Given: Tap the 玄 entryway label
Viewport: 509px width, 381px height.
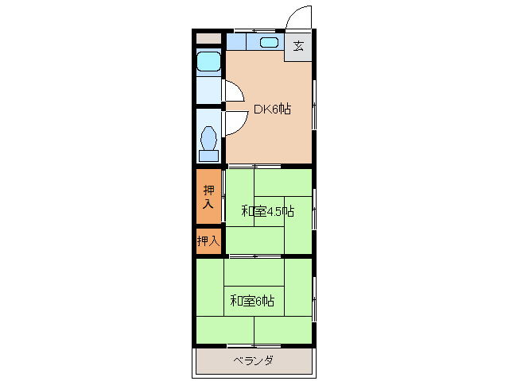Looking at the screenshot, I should click(x=298, y=45).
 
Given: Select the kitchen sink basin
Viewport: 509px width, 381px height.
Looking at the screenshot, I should click(x=269, y=42).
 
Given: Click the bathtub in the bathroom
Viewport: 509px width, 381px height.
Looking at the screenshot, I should click(x=209, y=62).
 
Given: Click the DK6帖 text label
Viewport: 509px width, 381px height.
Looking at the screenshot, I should click(x=271, y=110).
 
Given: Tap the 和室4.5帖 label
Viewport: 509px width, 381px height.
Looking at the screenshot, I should click(x=267, y=211).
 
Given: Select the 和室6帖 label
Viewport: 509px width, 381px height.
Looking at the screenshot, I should click(x=252, y=301).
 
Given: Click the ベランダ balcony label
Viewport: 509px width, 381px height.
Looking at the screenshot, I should click(x=254, y=362).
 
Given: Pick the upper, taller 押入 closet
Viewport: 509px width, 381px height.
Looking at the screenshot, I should click(x=208, y=197).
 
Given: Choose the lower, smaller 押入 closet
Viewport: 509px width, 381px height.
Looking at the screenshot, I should click(x=208, y=240).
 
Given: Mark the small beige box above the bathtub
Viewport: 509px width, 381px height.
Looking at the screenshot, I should click(x=208, y=38).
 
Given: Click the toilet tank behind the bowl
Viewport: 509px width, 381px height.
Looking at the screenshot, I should click(x=209, y=156).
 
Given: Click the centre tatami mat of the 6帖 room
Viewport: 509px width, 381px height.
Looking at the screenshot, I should click(x=254, y=301).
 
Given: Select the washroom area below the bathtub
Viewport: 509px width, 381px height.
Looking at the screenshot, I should click(x=208, y=90).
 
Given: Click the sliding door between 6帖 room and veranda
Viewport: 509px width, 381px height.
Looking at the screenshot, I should click(x=254, y=346).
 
